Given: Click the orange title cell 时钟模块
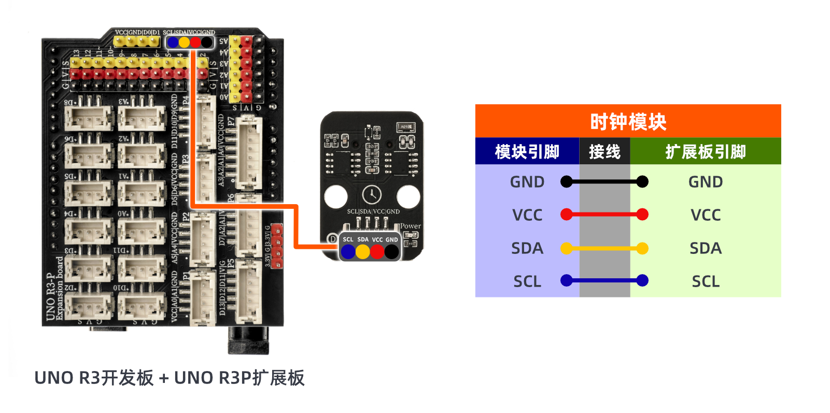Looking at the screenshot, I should click(628, 122).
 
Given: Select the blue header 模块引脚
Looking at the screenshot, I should click(527, 152).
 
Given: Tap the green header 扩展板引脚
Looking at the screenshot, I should click(705, 152).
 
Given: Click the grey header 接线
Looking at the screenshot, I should click(604, 152).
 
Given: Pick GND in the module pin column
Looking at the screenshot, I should click(527, 182).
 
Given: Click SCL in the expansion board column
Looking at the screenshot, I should click(705, 281).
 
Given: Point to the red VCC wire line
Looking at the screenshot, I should click(604, 215).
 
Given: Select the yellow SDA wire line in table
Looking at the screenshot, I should click(604, 249).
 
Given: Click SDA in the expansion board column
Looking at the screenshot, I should click(705, 248).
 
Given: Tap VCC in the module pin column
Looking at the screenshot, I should click(527, 215).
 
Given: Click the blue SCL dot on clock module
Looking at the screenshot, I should click(348, 252).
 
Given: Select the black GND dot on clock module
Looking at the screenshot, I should click(391, 252).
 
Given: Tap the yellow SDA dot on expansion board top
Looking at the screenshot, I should click(184, 42).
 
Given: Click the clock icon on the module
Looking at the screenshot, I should click(372, 195).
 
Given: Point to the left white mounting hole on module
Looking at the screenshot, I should click(335, 197).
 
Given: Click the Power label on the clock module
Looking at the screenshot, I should click(410, 226).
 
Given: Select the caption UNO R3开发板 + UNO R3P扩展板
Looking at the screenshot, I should click(169, 378).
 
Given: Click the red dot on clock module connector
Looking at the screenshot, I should click(377, 252).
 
